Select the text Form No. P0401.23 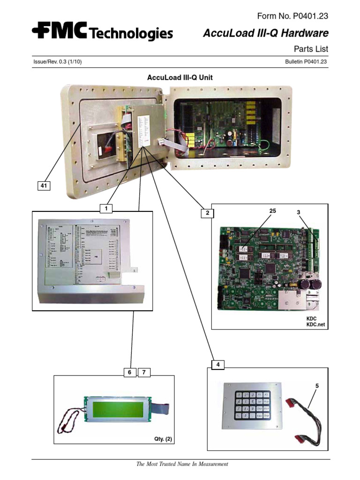coord(292,16)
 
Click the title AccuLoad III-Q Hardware coord(265,33)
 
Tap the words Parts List coord(310,49)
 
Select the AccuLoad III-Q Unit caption coord(180,77)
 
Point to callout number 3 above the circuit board coord(298,213)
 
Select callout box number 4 coord(217,364)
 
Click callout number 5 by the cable coord(316,386)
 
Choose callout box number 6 coord(128,373)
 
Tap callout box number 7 coord(144,373)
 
